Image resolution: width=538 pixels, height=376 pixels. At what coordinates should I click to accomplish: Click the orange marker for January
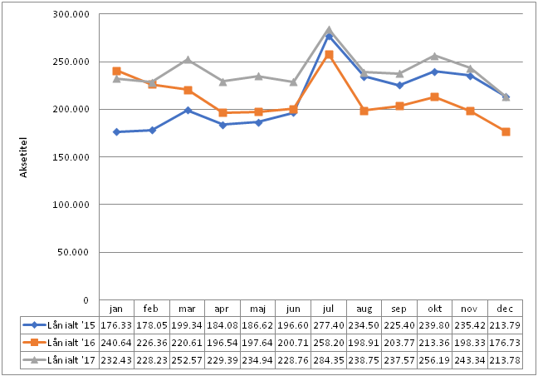click(117, 71)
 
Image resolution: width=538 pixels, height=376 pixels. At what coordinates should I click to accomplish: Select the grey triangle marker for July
click(329, 30)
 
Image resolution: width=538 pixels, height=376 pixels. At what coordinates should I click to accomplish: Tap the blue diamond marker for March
click(188, 110)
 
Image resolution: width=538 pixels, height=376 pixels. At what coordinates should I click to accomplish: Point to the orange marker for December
click(506, 131)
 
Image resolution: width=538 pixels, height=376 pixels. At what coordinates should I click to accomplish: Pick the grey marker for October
click(435, 56)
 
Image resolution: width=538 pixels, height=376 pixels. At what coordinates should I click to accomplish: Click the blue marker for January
click(117, 131)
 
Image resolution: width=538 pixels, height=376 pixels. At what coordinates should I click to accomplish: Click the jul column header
click(329, 307)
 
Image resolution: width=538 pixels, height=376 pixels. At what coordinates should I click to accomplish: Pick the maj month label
click(258, 307)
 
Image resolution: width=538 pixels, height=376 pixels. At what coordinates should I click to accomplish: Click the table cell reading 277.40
click(329, 324)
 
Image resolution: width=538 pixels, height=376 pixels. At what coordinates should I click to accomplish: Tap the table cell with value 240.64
click(117, 342)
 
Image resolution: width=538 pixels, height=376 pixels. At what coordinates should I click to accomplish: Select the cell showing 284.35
click(329, 359)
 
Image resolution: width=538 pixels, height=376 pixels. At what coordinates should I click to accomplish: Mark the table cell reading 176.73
click(506, 342)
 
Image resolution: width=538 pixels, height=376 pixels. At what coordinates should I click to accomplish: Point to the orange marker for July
click(329, 54)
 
